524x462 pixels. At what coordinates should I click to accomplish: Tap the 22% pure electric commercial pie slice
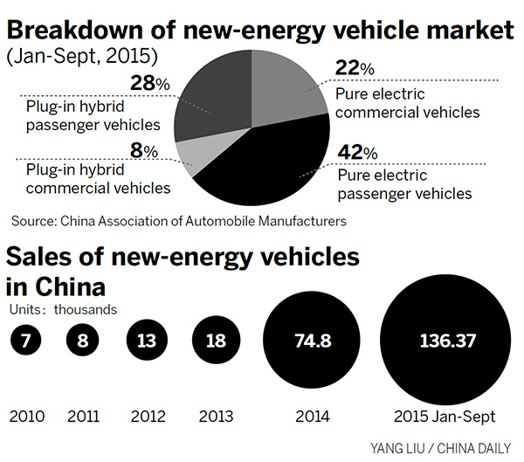click(284, 92)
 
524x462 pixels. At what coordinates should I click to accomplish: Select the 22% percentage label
click(355, 67)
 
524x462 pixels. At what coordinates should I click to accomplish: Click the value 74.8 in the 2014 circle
click(307, 339)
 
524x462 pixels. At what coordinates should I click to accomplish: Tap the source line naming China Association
click(178, 221)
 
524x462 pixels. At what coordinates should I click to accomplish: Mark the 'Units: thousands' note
click(63, 308)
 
